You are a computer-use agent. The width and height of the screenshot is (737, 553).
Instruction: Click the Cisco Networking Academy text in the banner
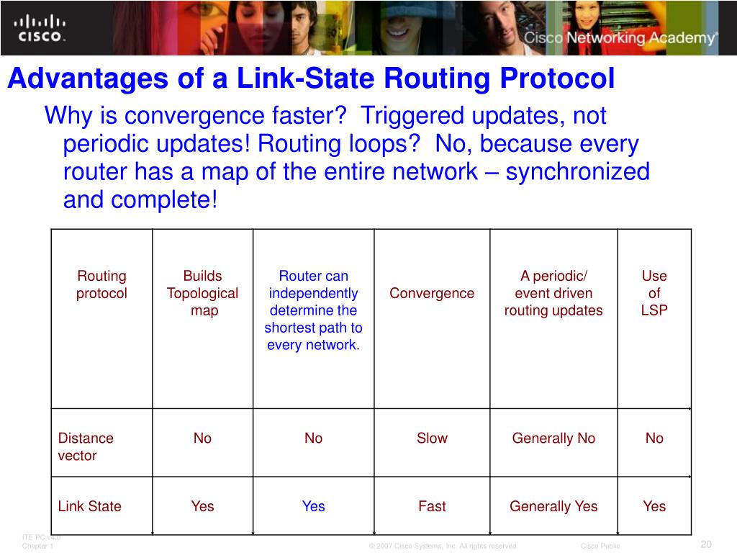pos(620,38)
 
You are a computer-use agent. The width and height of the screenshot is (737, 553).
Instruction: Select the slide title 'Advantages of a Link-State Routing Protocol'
pos(311,79)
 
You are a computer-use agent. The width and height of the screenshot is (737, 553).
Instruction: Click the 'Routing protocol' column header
pos(101,284)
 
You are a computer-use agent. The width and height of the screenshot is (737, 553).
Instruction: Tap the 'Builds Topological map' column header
pos(202,293)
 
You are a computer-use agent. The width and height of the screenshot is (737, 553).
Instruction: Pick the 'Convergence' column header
pos(432,293)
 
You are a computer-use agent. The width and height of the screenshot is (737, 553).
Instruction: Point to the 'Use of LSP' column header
pos(654,293)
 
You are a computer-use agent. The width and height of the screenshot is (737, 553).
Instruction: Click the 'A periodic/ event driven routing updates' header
pos(553,293)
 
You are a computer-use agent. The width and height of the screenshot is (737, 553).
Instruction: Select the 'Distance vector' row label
pos(86,446)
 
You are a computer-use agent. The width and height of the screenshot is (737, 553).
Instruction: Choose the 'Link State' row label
pos(90,506)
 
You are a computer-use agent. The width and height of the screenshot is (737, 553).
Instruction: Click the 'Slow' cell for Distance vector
pos(432,438)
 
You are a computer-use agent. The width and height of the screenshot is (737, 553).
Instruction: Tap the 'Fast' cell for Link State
pos(432,506)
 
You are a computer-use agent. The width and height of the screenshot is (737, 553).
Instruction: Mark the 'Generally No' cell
pos(553,438)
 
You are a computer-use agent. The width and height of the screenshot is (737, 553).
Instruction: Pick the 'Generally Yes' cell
pos(553,506)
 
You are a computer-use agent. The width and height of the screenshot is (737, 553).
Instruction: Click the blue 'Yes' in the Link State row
pos(313,506)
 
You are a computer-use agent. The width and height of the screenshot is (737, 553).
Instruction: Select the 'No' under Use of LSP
pos(654,438)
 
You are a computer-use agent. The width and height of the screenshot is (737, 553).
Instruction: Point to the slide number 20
pos(706,544)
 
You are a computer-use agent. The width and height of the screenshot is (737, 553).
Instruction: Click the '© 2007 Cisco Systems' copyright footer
pos(443,546)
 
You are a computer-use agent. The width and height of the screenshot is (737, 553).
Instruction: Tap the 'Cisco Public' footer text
pos(600,546)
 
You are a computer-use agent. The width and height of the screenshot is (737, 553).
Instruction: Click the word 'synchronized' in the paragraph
pos(578,172)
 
